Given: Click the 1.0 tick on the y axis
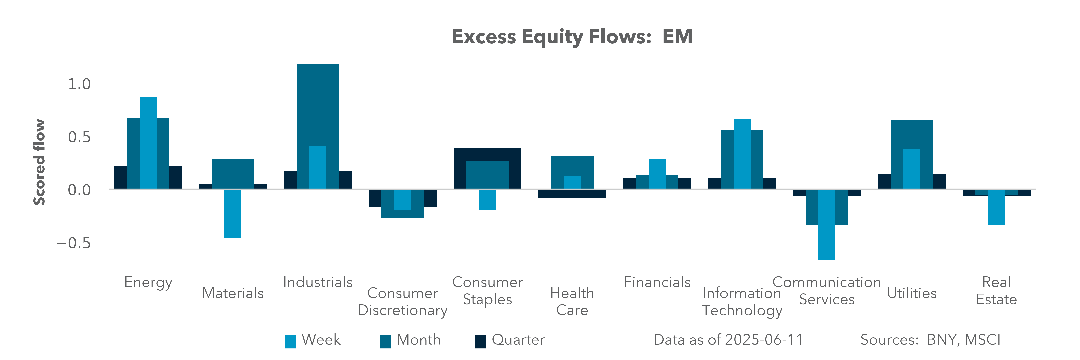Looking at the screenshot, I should (x=79, y=84).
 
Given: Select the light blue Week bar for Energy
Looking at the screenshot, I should (x=148, y=142).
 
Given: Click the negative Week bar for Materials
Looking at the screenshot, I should (x=233, y=214).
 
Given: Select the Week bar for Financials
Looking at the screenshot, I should (x=657, y=174).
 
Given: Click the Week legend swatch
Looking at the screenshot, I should (x=290, y=341).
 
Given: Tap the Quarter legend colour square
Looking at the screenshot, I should (x=480, y=341).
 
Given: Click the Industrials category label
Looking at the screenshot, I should (x=318, y=282).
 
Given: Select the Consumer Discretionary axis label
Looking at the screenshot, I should (x=402, y=301).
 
